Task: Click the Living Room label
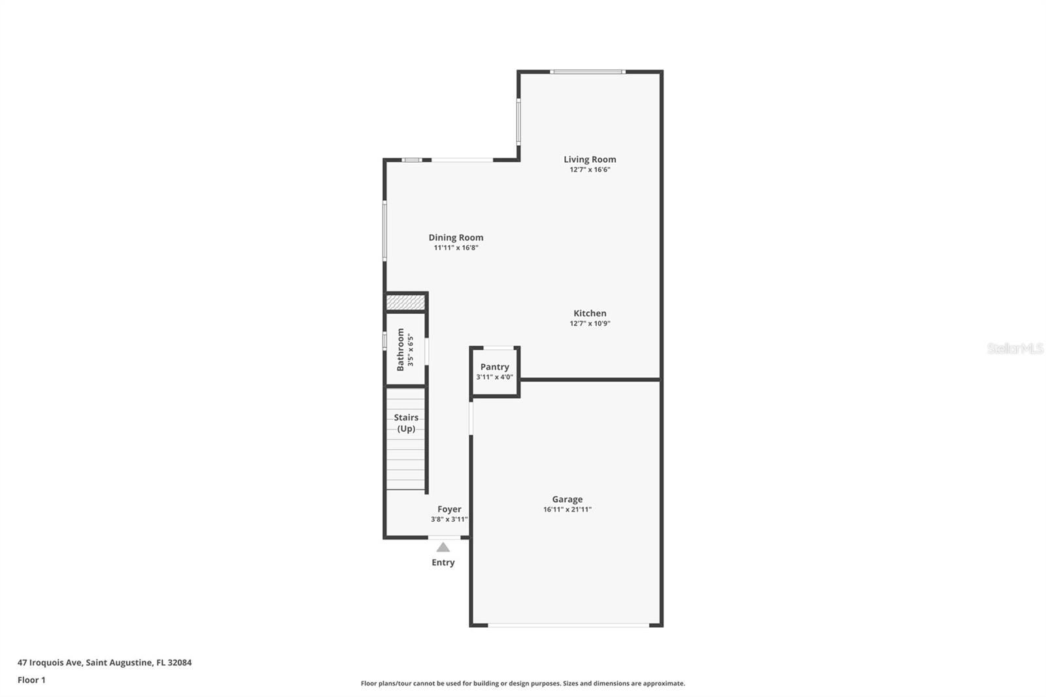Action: click(x=590, y=160)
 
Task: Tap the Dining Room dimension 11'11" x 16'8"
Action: click(x=456, y=248)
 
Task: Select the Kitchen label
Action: click(x=590, y=313)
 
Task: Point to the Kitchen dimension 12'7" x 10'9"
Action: click(x=590, y=324)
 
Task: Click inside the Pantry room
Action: click(x=495, y=382)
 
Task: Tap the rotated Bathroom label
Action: click(x=401, y=349)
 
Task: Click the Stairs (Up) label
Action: click(x=406, y=423)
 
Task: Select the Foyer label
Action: click(x=449, y=509)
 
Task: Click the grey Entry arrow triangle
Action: click(x=443, y=547)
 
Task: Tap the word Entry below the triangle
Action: click(x=443, y=562)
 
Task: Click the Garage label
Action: click(x=567, y=500)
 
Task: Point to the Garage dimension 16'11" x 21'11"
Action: click(x=567, y=510)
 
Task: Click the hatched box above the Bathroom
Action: click(x=406, y=302)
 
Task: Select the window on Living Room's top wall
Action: click(x=587, y=72)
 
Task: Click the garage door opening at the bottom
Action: click(x=569, y=626)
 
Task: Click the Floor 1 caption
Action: click(x=31, y=680)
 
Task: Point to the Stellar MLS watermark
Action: click(x=1015, y=348)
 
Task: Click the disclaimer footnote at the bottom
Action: click(x=523, y=683)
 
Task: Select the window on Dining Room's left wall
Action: click(x=384, y=231)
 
